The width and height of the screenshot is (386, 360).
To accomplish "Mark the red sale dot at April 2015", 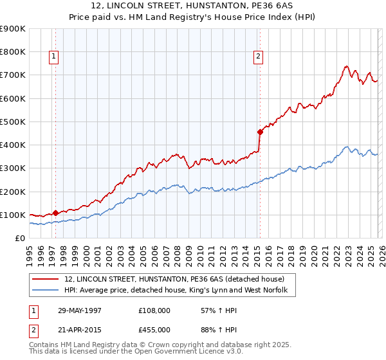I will click(x=260, y=132).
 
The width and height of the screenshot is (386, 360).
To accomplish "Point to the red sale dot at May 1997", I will click(x=55, y=213).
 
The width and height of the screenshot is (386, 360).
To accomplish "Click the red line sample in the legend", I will click(x=46, y=279).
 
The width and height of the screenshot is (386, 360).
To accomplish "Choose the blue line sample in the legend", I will click(x=46, y=291).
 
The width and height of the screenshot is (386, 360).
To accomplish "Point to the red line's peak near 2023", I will click(x=346, y=66).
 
